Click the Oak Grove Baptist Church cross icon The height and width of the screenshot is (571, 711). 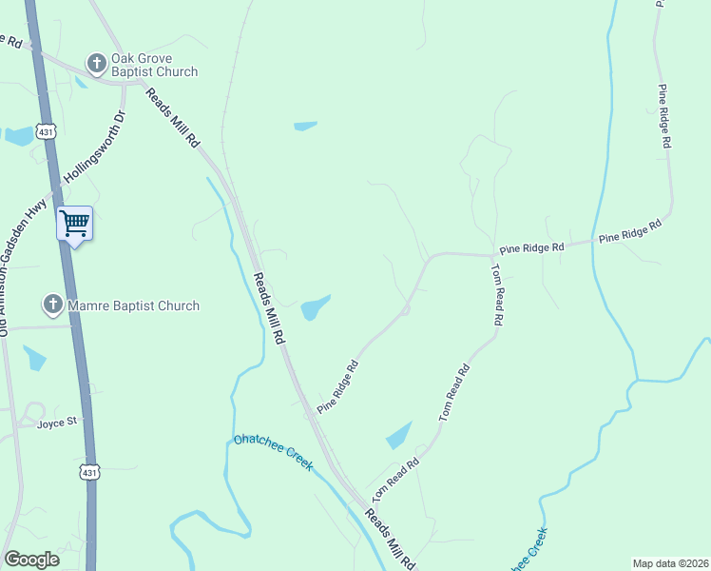click(x=96, y=64)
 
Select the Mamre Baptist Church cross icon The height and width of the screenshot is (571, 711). click(x=52, y=305)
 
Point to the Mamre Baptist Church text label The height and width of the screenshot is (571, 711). click(x=133, y=305)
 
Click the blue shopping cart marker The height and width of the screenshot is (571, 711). click(x=74, y=225)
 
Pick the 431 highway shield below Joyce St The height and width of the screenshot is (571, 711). click(x=88, y=472)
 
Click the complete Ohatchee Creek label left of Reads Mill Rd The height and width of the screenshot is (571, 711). click(x=274, y=453)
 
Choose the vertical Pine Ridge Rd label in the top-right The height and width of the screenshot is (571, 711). click(x=665, y=115)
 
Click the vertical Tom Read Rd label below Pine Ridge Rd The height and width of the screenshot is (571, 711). click(x=495, y=295)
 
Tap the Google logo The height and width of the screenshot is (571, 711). click(x=31, y=560)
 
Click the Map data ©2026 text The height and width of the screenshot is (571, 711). click(x=669, y=563)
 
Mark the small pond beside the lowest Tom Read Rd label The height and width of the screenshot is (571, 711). click(x=399, y=435)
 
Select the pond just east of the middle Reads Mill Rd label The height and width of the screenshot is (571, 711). click(x=316, y=306)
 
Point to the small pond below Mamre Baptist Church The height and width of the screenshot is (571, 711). click(x=34, y=358)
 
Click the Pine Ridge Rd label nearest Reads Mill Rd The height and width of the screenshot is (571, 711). click(x=338, y=385)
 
